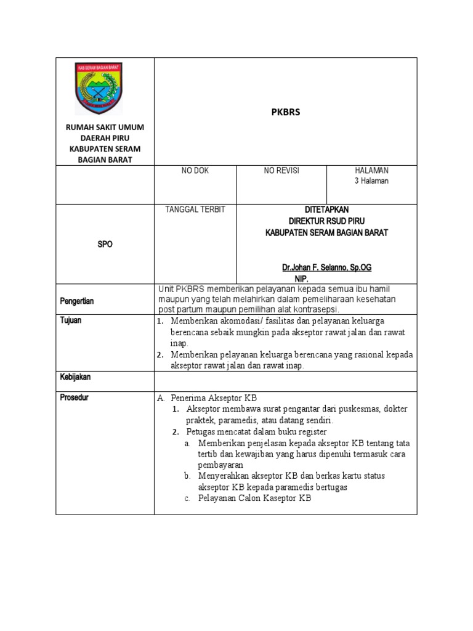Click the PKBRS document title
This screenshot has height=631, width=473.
pos(286,113)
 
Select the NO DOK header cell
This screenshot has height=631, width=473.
pos(195,171)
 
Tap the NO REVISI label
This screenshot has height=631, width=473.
pos(281,171)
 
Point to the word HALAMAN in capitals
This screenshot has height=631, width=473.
pos(371,170)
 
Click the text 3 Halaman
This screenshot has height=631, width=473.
pos(371,181)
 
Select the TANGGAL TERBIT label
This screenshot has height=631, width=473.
pos(195,210)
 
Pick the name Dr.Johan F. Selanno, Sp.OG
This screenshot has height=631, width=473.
pos(326,268)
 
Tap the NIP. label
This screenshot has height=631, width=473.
pos(301,279)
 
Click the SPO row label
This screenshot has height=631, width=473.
pos(105,245)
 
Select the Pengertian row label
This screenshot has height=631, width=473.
pos(77,301)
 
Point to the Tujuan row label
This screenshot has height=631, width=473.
pos(71,320)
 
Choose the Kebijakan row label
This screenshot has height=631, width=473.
pos(75,377)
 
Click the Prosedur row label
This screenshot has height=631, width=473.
pos(74,397)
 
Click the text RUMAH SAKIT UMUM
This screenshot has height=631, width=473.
pos(105,127)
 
